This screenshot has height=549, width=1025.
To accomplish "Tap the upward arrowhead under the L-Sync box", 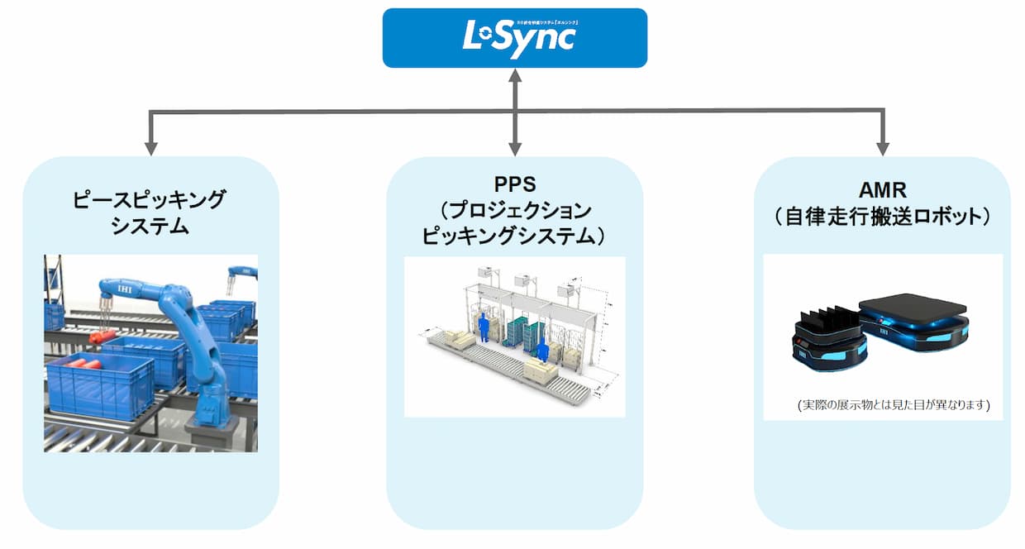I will (515, 77).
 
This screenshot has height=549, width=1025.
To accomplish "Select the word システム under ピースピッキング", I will (150, 226).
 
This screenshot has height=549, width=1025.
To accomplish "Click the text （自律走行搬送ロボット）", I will (882, 217).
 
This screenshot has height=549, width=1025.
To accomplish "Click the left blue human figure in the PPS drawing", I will (482, 327).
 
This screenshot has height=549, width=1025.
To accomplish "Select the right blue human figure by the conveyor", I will (542, 351).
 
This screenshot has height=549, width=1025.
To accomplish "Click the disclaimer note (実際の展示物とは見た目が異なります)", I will (894, 406).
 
